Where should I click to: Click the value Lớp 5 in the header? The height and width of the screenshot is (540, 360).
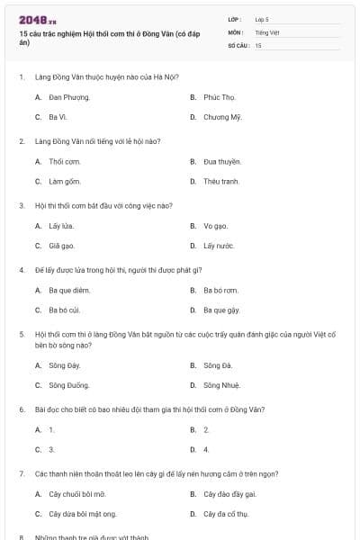point(262,19)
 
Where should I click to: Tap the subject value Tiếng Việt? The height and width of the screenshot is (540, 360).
point(267,31)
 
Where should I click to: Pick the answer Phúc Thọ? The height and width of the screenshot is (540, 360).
point(219,97)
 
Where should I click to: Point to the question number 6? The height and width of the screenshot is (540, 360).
point(22,409)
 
